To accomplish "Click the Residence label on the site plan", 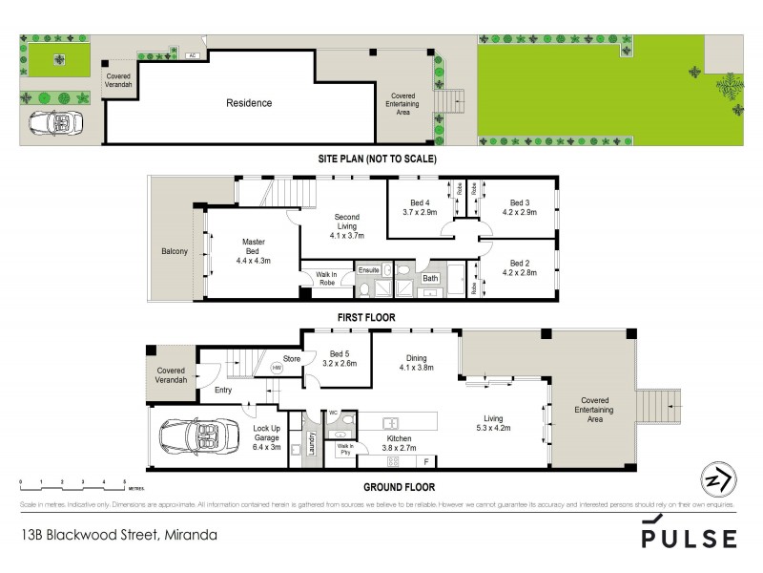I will click(x=248, y=103).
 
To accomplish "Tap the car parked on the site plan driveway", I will click(x=55, y=124).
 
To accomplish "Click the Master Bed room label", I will click(x=253, y=249).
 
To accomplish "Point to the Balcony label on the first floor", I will click(x=175, y=251).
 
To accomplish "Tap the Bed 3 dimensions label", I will click(x=519, y=212).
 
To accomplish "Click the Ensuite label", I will click(x=368, y=270).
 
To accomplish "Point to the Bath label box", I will click(x=431, y=279).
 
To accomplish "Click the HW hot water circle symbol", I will click(x=277, y=367).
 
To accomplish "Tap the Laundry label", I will click(x=310, y=441).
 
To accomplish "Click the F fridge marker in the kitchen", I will click(x=425, y=461).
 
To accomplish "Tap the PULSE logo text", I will click(x=689, y=539).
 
